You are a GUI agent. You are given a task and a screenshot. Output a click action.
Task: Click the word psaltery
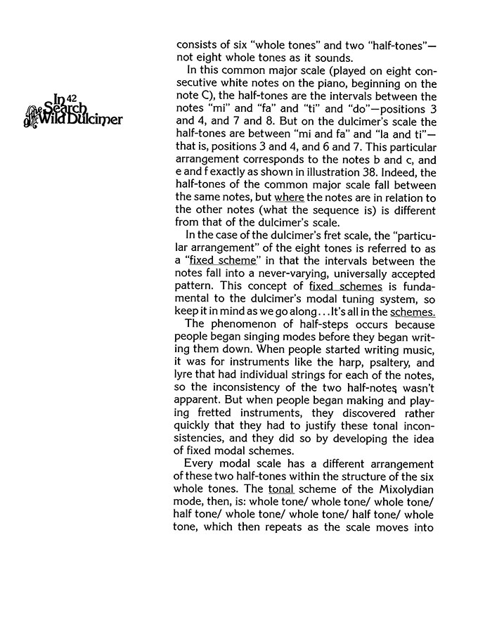coord(380,364)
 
